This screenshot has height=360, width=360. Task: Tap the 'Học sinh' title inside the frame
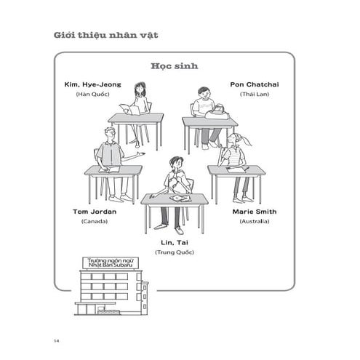175,66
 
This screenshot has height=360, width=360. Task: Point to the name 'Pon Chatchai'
255,84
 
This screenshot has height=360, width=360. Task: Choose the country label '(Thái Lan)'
255,95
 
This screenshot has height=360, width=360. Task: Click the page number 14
56,340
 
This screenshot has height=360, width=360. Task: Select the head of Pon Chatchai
206,95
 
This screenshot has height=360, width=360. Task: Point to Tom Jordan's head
110,135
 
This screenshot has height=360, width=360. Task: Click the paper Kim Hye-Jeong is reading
128,109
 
